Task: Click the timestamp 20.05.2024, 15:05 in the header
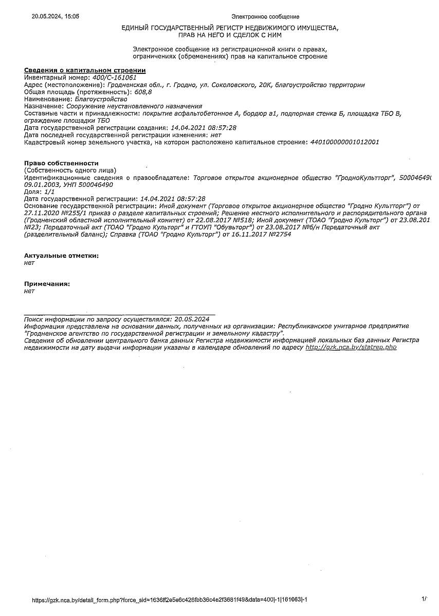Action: [x=56, y=16]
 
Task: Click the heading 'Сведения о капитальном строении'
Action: [x=85, y=70]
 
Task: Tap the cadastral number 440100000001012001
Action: [x=345, y=142]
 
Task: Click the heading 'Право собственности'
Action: [x=61, y=163]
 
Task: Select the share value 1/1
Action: [x=50, y=191]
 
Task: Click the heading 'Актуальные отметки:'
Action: [x=61, y=255]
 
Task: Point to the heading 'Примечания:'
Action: [x=47, y=283]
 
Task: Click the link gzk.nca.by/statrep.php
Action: [x=351, y=347]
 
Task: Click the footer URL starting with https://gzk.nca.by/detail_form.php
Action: [x=170, y=600]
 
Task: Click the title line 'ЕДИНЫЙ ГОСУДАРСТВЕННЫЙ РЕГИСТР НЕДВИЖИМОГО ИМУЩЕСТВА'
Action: [x=230, y=28]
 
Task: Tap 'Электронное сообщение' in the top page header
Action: [x=265, y=16]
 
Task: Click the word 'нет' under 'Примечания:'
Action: [x=29, y=291]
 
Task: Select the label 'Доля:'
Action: [x=33, y=191]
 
